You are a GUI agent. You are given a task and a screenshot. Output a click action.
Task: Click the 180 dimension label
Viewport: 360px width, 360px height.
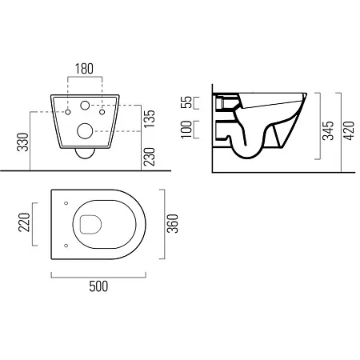[84, 69]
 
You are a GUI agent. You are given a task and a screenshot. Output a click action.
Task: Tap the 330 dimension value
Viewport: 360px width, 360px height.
[23, 142]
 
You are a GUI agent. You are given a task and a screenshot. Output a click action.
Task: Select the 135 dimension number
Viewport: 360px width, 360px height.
[150, 118]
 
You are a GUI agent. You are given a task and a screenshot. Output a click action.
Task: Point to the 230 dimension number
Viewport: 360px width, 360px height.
[150, 157]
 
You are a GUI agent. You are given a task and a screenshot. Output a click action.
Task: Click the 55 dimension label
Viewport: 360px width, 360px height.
[186, 102]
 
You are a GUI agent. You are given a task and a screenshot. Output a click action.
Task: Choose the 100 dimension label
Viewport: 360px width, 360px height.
[186, 130]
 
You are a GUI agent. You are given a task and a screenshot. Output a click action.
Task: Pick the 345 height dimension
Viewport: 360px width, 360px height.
[328, 130]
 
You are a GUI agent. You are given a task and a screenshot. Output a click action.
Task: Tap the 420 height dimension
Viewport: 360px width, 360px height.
[349, 130]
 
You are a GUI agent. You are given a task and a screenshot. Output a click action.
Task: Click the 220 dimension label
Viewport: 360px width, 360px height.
[25, 222]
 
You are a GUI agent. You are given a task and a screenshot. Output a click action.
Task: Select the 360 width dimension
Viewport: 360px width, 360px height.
[173, 223]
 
